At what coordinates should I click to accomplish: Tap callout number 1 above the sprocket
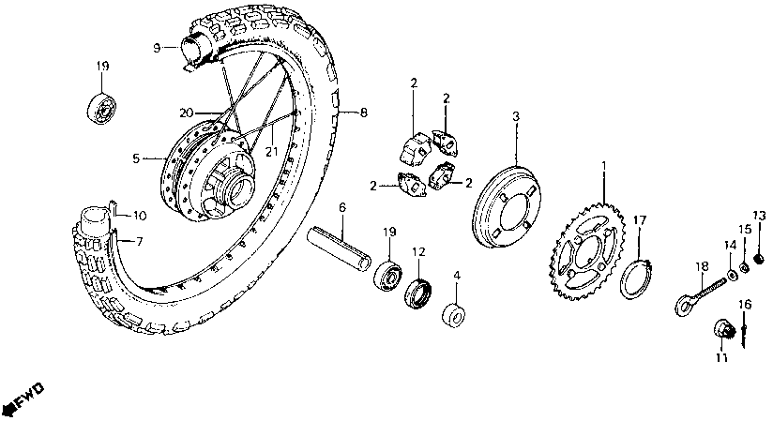pos(604,164)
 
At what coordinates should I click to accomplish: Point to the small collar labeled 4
pos(457,314)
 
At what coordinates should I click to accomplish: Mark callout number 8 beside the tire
pos(363,113)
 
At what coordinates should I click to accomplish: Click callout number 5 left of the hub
pos(134,158)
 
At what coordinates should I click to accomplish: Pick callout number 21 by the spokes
pos(270,153)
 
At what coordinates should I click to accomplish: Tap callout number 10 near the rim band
pos(139,215)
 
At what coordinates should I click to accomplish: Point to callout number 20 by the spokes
pos(188,113)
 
